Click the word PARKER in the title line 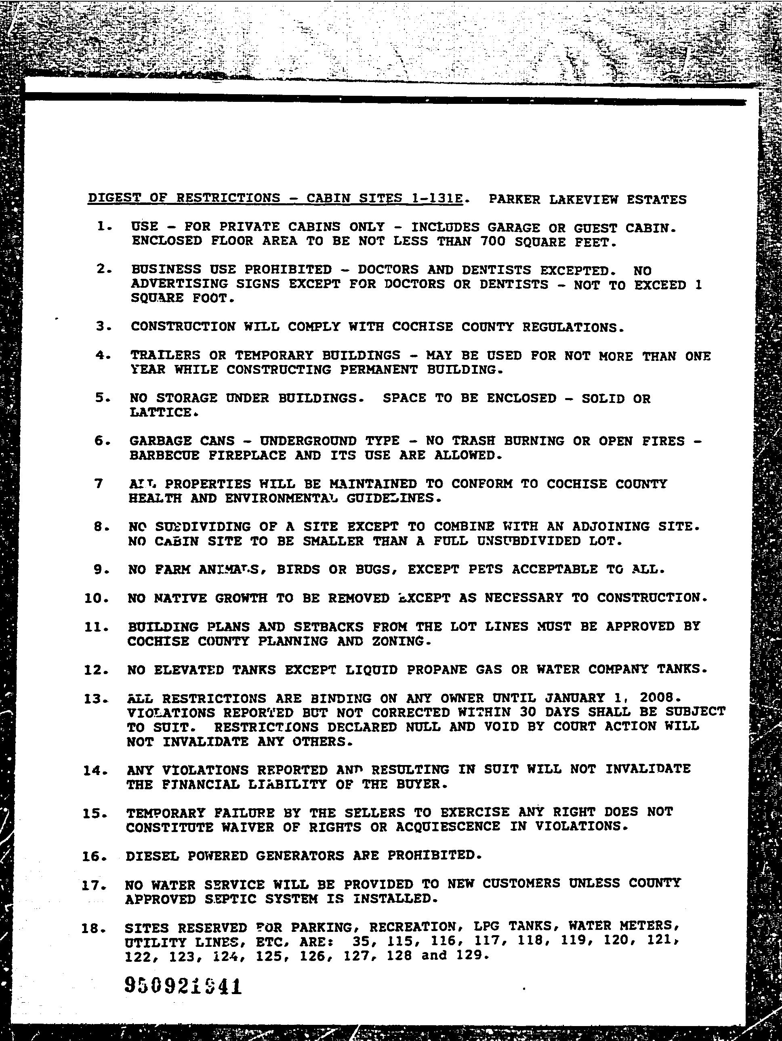pos(514,200)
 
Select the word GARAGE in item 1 pos(513,228)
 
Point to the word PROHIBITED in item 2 pos(288,270)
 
